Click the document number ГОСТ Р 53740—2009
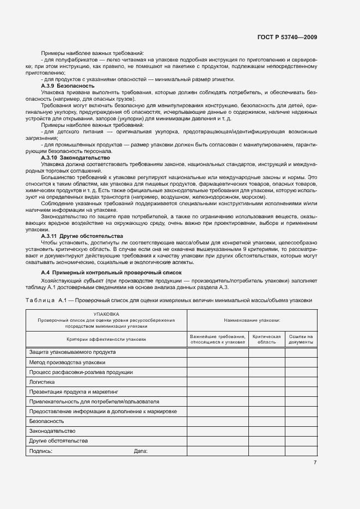tap(287, 37)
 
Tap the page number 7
tap(315, 463)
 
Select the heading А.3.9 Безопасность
tap(68, 86)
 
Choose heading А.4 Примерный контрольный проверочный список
tap(112, 272)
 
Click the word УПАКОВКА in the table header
tap(106, 314)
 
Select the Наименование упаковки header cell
tap(252, 321)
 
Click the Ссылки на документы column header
tap(301, 339)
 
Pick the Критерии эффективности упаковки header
tap(106, 339)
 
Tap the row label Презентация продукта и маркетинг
tap(74, 392)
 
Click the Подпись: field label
tap(41, 451)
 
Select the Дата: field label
tap(141, 451)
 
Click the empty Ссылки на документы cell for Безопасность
tap(301, 421)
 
